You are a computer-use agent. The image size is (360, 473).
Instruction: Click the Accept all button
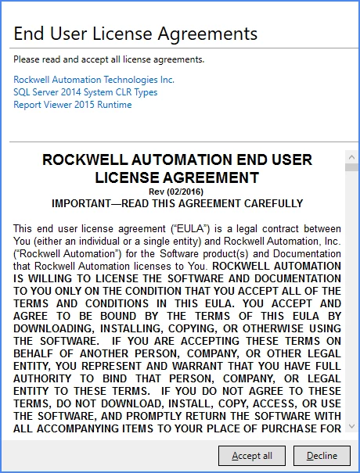coord(252,456)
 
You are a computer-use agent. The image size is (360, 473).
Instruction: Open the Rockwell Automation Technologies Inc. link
coord(94,80)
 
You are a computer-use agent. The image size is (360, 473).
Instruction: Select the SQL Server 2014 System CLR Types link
coord(85,92)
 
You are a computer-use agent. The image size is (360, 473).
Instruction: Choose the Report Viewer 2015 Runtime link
coord(73,105)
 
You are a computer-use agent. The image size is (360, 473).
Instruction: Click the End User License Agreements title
coord(135,34)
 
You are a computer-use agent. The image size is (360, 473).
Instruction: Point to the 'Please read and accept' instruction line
coord(98,59)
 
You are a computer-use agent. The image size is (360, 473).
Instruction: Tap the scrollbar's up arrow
coord(351,156)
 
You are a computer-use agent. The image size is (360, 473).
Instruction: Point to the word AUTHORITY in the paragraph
coord(45,378)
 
